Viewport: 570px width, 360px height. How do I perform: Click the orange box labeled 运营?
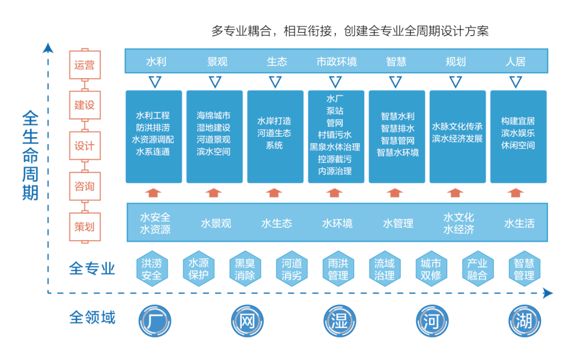84,65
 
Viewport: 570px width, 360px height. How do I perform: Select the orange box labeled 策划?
84,227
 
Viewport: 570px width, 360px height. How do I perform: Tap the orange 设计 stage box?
84,146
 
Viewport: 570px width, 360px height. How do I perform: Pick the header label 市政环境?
336,62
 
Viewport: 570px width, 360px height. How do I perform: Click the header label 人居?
515,62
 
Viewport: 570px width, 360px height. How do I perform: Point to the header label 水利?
156,62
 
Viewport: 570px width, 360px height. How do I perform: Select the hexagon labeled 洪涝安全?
152,269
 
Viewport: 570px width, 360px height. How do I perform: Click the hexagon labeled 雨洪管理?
338,269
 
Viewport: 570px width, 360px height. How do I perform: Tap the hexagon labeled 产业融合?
477,269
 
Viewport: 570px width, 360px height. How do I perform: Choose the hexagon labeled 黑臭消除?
245,269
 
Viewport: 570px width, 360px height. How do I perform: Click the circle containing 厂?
155,321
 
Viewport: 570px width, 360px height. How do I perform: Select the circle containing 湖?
525,321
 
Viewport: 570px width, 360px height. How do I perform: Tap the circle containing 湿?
339,321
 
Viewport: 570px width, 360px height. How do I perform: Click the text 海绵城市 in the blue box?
213,116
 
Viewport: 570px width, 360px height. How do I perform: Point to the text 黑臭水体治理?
335,147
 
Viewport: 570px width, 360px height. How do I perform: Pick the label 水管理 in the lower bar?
397,224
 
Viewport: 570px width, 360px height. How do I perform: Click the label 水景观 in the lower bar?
216,224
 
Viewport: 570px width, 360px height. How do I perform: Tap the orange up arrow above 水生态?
274,192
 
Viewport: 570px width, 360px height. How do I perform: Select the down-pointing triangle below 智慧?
395,82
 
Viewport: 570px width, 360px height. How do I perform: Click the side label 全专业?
92,269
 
